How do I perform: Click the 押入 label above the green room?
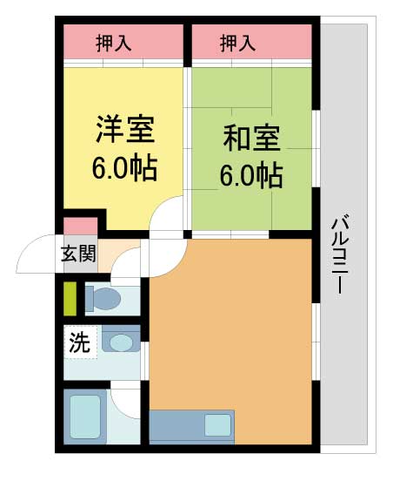point(236,41)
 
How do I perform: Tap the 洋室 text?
point(124,131)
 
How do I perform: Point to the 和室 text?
point(250,139)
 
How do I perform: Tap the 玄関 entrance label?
point(77,255)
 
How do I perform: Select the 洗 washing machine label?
point(78,342)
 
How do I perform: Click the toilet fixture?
point(103,299)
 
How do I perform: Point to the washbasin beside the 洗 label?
point(120,342)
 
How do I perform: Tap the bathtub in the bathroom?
point(85,417)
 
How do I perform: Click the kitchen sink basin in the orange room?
point(217,426)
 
